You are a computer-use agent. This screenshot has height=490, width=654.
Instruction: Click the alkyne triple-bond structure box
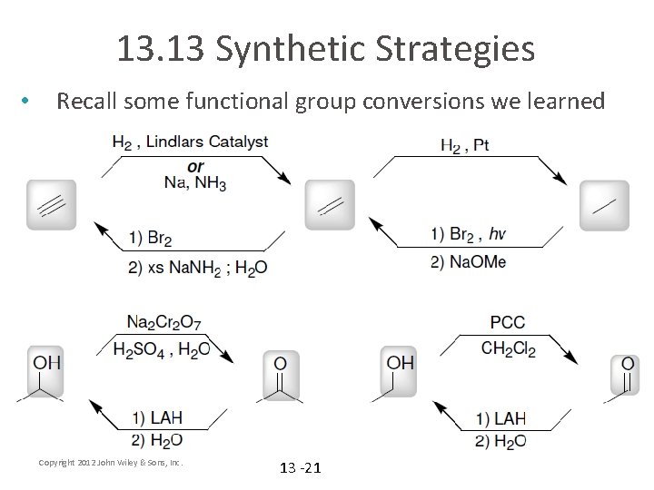tap(52, 204)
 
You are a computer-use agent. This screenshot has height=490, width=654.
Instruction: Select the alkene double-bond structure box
tap(330, 204)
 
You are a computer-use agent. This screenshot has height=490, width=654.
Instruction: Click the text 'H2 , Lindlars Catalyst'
tap(189, 142)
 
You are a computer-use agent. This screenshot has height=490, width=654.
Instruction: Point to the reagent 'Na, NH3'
tap(195, 183)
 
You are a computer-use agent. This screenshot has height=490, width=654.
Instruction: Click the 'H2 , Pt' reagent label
tap(464, 144)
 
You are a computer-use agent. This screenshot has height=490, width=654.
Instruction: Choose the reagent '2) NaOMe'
tap(469, 261)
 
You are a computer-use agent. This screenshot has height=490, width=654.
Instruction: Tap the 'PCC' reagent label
tap(507, 322)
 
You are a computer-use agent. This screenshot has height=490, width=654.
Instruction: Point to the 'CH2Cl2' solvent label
tap(507, 348)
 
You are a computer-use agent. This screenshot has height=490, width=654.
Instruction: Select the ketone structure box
tap(281, 377)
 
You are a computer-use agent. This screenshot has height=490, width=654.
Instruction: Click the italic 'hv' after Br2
tap(497, 234)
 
